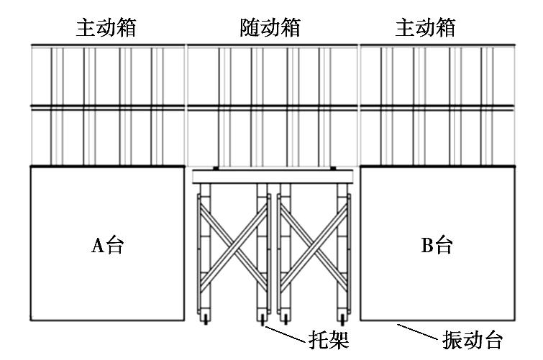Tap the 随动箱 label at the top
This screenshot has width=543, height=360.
pos(269,28)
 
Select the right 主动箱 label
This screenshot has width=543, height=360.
pos(426,28)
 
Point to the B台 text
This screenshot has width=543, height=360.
pos(437,246)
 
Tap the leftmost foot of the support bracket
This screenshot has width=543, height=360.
pos(204,317)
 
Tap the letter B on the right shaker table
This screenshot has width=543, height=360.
pos(426,246)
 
